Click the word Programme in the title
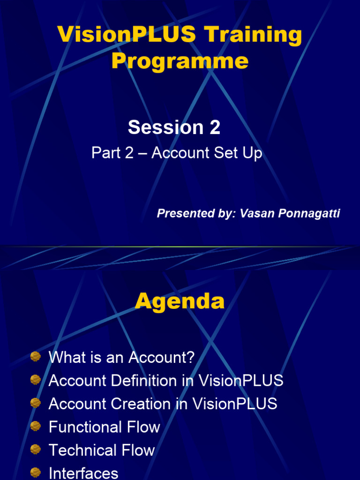[x=180, y=61]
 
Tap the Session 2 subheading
[x=174, y=127]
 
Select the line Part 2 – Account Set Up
[x=177, y=153]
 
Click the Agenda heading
[x=180, y=301]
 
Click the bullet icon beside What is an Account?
[x=36, y=357]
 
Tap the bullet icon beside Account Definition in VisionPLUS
[x=36, y=380]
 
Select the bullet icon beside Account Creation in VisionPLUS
[x=36, y=403]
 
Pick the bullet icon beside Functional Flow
[x=36, y=426]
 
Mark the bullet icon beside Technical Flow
[x=36, y=449]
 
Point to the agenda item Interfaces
[x=83, y=473]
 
